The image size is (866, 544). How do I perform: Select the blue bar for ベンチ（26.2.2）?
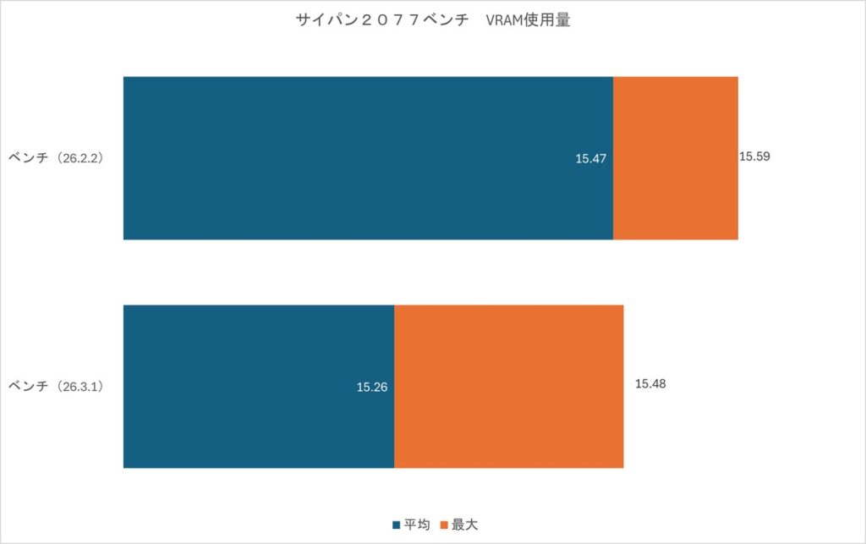[x=368, y=158]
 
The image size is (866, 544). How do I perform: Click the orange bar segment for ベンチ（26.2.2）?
[x=675, y=158]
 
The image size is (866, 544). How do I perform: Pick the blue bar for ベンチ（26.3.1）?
[x=259, y=387]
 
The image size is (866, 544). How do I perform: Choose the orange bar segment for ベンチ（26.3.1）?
[x=508, y=387]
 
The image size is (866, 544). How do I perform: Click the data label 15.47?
[x=591, y=158]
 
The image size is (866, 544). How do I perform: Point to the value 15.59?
[x=754, y=157]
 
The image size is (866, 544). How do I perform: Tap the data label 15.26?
[x=372, y=387]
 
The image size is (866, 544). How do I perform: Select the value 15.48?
[x=650, y=384]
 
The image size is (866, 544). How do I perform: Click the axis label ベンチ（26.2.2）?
[x=56, y=157]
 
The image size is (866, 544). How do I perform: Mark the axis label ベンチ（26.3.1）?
[x=56, y=387]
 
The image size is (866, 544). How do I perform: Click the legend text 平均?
[x=418, y=525]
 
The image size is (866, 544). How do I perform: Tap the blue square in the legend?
[x=397, y=525]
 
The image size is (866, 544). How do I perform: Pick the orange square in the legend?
[x=444, y=525]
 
